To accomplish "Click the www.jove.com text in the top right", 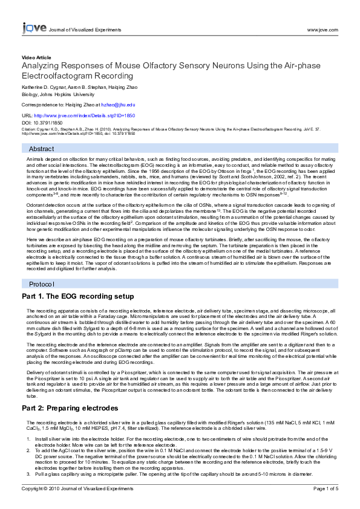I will (322, 29).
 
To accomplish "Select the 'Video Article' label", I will (36, 57).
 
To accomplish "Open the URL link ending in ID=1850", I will (84, 115).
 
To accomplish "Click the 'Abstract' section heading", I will (42, 149).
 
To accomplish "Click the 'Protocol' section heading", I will (42, 284).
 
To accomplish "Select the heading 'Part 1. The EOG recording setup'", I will (77, 297).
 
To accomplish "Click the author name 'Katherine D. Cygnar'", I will (45, 88).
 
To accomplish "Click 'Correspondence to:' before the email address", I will (43, 105).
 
